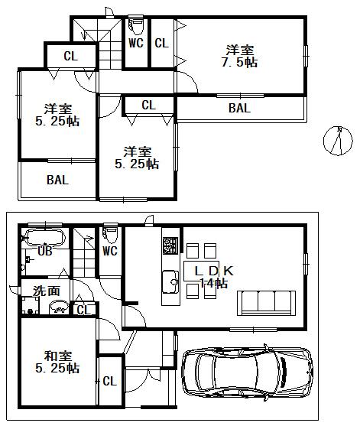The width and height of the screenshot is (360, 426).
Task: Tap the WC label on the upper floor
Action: click(136, 44)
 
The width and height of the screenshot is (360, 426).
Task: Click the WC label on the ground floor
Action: click(109, 250)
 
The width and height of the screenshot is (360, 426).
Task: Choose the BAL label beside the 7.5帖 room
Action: click(239, 109)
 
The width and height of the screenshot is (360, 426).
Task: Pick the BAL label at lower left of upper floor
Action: click(57, 180)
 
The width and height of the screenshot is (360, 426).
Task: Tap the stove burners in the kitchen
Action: click(169, 247)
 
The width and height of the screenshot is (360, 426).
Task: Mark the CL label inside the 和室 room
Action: click(109, 381)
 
